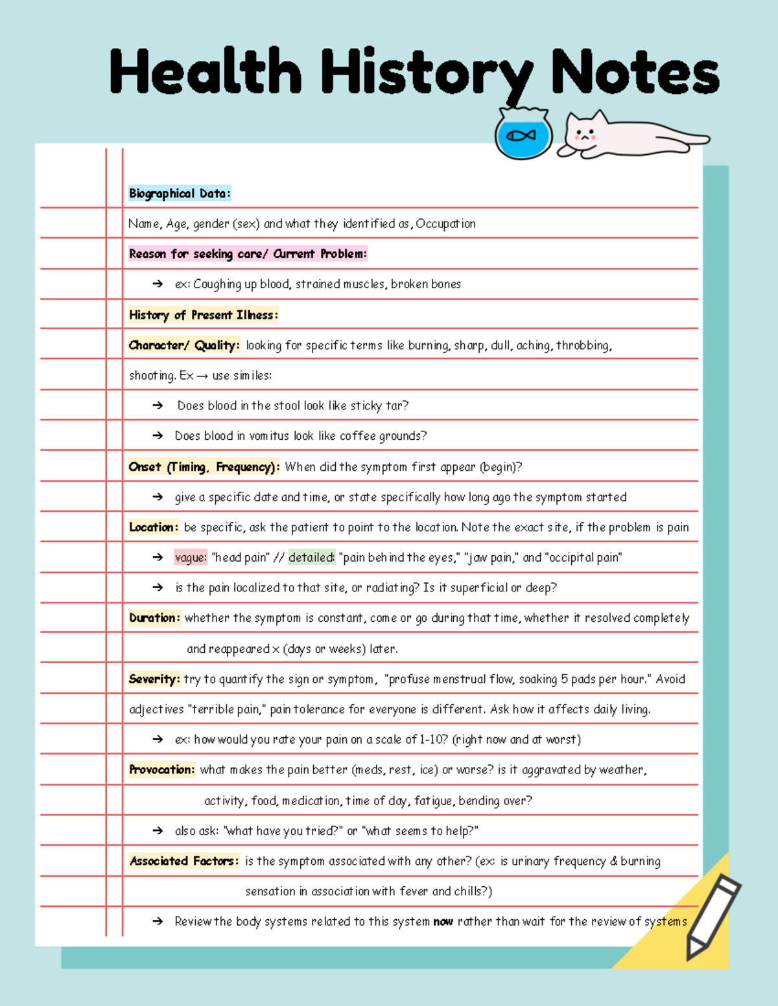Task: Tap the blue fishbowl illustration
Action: tap(523, 134)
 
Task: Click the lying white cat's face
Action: tap(585, 135)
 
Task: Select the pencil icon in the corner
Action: tap(712, 916)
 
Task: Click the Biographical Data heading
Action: tap(180, 193)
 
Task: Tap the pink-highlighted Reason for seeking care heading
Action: tap(248, 254)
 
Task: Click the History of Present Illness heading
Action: tap(203, 315)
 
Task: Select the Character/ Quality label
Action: tap(184, 345)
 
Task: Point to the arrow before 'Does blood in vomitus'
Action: tap(158, 436)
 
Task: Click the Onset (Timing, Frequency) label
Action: tap(204, 467)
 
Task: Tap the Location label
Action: tap(153, 527)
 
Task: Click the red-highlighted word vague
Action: tap(190, 558)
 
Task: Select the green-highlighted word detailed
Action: tap(311, 558)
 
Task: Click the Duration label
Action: tap(154, 618)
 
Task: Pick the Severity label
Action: tap(154, 679)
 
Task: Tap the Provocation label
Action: tap(161, 770)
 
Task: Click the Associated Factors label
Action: tap(184, 861)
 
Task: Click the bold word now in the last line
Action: tap(443, 922)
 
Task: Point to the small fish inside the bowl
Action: tap(521, 135)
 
